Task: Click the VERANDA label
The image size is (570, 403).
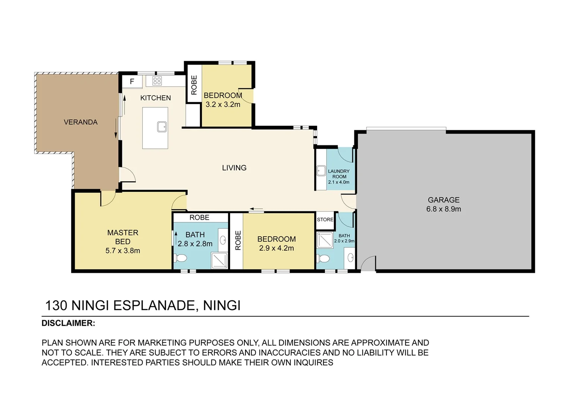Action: (81, 122)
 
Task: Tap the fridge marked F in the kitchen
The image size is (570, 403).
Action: (132, 81)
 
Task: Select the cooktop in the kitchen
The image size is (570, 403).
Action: (157, 81)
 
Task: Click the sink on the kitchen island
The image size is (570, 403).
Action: (162, 127)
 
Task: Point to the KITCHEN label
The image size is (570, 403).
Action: (156, 98)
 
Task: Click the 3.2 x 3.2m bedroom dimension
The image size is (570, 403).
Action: (223, 104)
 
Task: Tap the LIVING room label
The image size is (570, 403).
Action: (234, 168)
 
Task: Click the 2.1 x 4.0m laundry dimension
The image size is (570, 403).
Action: (339, 182)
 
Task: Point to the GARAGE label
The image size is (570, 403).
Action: (444, 200)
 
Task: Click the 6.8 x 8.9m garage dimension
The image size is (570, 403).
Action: (444, 209)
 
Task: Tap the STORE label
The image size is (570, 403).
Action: (325, 219)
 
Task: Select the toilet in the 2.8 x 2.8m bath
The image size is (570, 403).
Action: (181, 258)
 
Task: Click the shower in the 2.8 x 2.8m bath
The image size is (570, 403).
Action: (219, 260)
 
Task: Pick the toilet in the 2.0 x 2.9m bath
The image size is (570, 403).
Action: (324, 258)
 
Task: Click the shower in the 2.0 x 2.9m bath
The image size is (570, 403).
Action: (325, 240)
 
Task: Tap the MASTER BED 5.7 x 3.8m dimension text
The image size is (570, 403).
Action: (123, 251)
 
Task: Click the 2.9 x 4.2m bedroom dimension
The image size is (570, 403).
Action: (276, 248)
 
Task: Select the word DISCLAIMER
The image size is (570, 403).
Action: (68, 323)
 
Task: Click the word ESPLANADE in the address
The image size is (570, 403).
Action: (154, 306)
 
